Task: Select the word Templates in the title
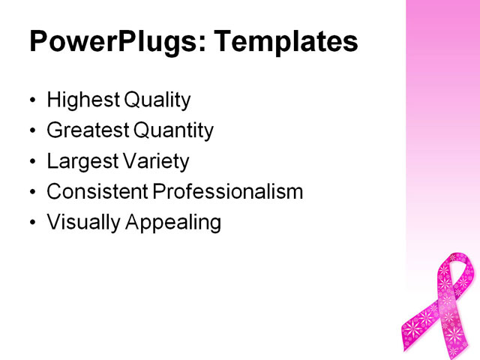pyautogui.click(x=286, y=43)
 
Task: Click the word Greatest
pyautogui.click(x=87, y=131)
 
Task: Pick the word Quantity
pyautogui.click(x=174, y=131)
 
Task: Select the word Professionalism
pyautogui.click(x=228, y=192)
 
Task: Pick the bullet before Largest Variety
pyautogui.click(x=31, y=162)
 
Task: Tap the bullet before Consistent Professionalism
pyautogui.click(x=31, y=193)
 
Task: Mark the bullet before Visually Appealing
pyautogui.click(x=31, y=223)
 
